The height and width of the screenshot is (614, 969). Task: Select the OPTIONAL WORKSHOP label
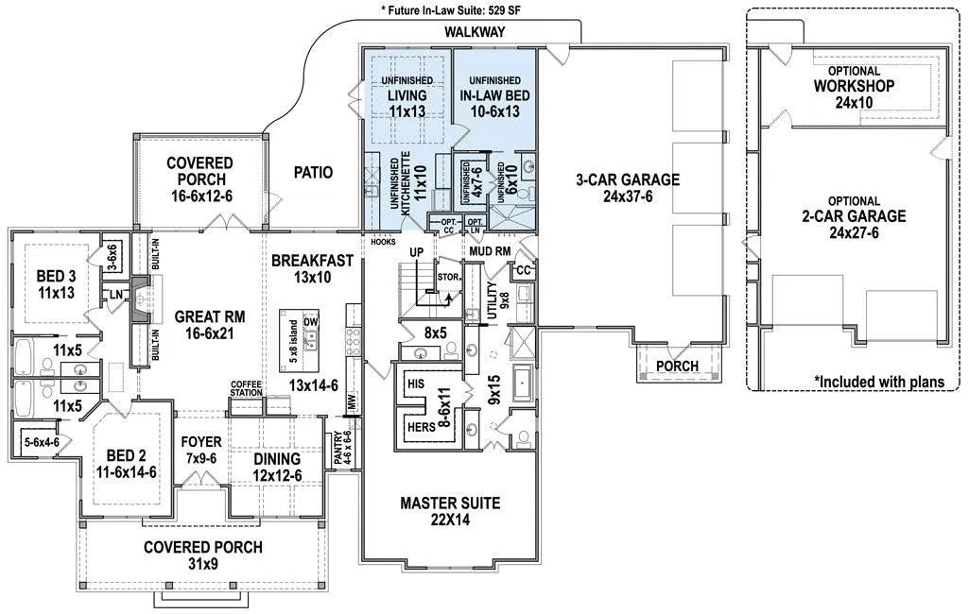click(854, 86)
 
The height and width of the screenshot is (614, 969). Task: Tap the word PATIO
click(312, 173)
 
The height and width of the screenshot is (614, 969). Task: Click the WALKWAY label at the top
click(474, 32)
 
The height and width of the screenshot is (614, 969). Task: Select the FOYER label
click(199, 441)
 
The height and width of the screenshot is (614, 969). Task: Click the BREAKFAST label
click(312, 261)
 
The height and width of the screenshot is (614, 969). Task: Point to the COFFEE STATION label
click(246, 388)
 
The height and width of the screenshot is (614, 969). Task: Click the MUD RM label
click(490, 252)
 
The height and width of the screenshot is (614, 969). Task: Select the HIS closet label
click(415, 385)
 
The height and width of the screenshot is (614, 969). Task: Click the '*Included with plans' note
click(879, 382)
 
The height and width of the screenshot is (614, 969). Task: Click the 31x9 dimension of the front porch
click(202, 565)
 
